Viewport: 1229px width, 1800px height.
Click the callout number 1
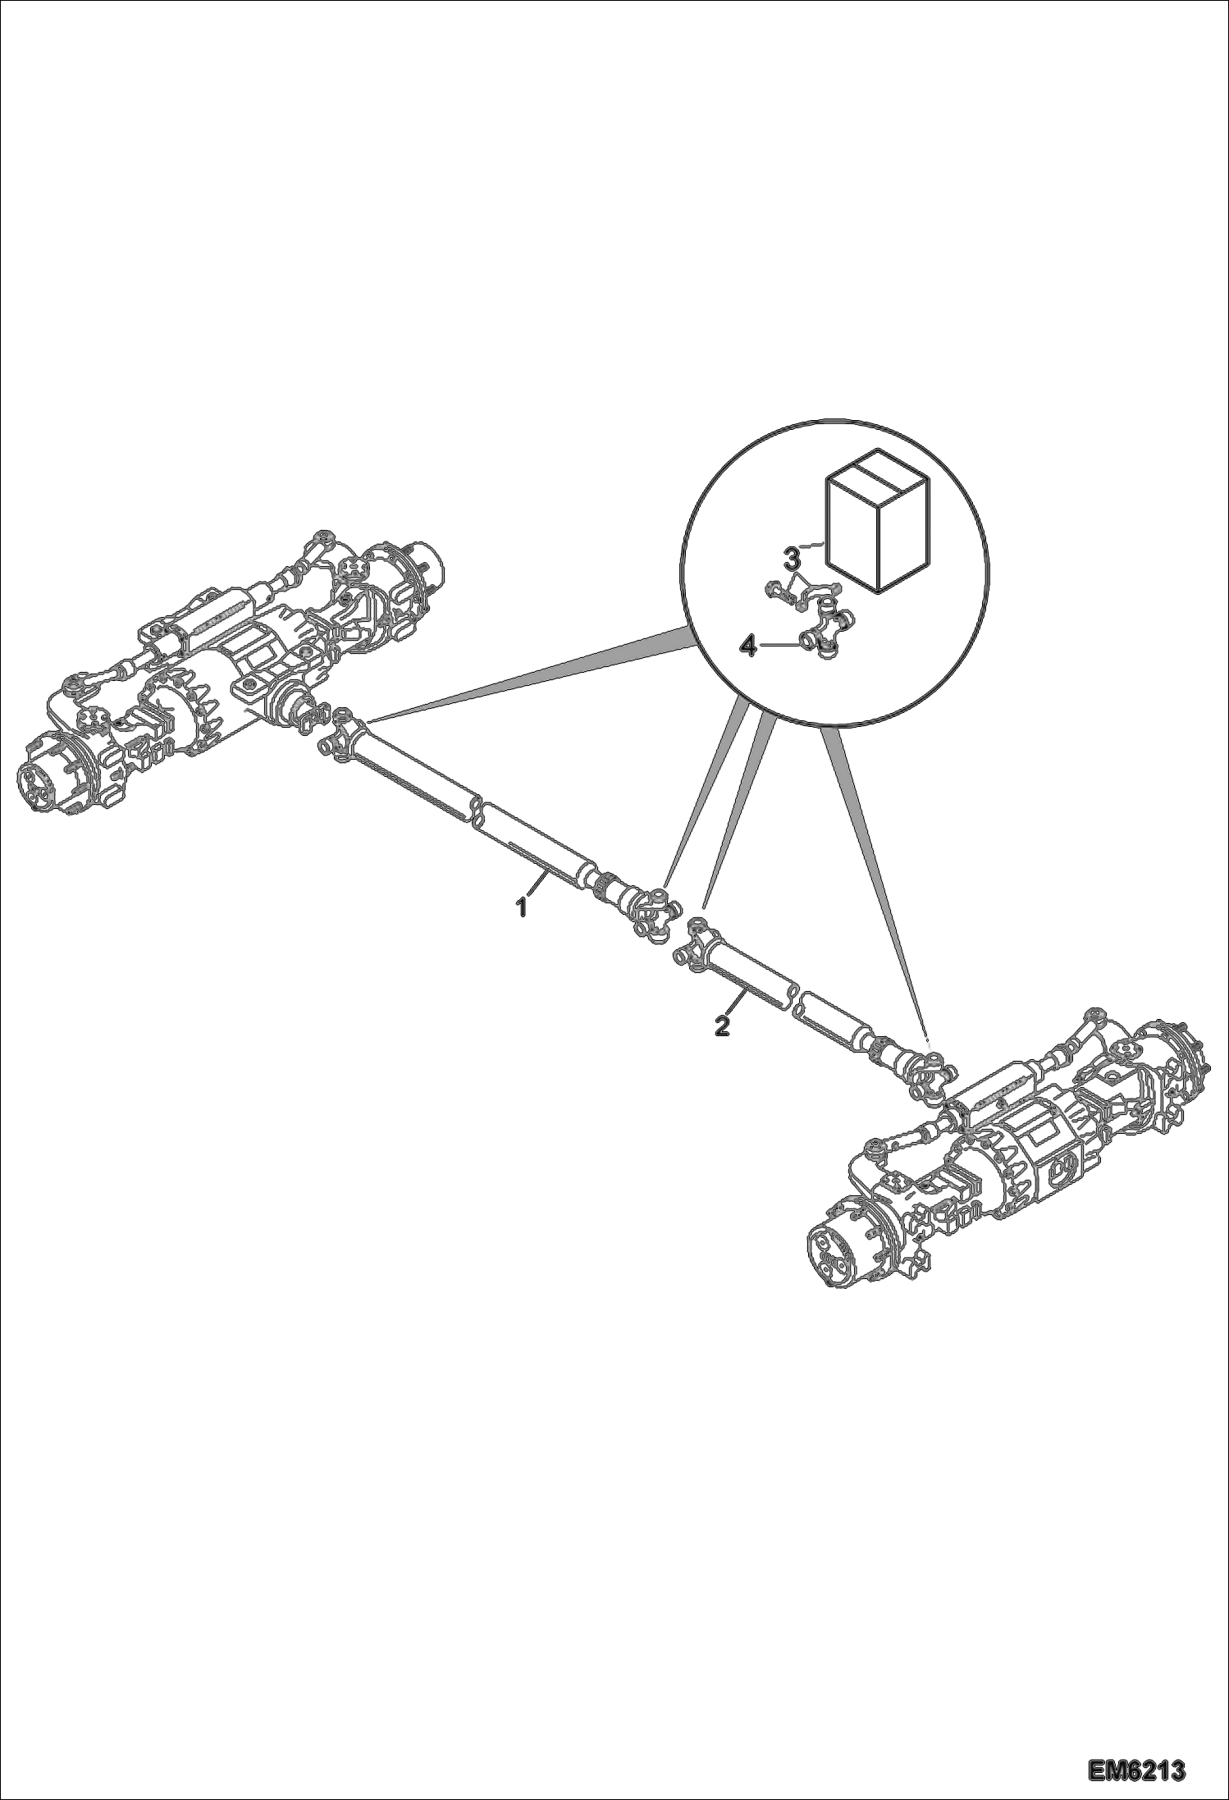(521, 908)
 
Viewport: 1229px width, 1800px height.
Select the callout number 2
(722, 1026)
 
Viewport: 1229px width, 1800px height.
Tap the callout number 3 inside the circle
(792, 560)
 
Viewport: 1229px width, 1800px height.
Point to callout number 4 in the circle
(747, 647)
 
